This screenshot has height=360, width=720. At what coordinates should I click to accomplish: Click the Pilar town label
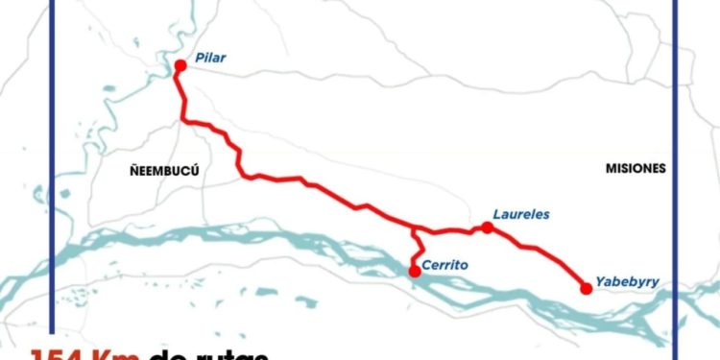tap(209, 59)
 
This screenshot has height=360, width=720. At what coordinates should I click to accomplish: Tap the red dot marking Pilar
tap(180, 65)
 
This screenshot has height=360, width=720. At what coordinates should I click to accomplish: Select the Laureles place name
tap(520, 215)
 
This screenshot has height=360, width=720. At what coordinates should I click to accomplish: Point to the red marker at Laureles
tap(488, 228)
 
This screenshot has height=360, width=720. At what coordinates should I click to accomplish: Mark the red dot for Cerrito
tap(415, 272)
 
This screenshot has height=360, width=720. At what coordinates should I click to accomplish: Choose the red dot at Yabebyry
tap(586, 287)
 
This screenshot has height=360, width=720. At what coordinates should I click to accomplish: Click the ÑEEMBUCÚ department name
tap(164, 169)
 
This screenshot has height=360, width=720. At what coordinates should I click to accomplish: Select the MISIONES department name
tap(636, 168)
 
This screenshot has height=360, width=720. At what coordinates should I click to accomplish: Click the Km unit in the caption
tap(119, 354)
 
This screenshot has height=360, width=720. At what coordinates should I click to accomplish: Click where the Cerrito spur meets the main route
tap(414, 229)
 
